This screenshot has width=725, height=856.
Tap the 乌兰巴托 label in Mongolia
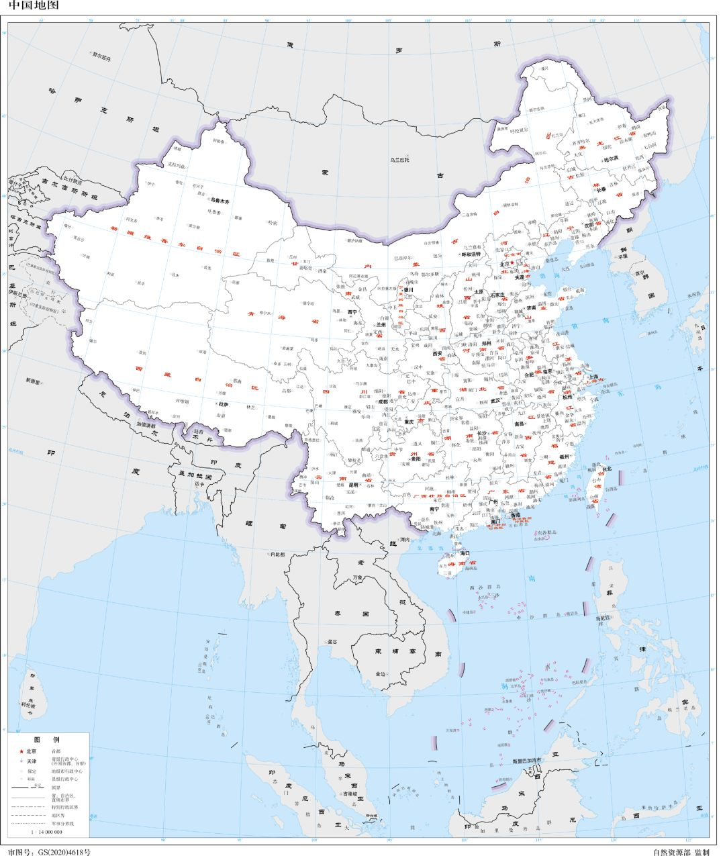[400, 160]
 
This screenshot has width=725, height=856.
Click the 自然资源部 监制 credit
[680, 851]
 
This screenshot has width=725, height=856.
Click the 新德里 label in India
[34, 380]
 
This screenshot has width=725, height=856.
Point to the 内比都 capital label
[277, 554]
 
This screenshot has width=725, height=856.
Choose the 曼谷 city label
[332, 642]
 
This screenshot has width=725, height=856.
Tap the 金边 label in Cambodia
[381, 673]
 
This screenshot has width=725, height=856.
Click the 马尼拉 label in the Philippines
[603, 616]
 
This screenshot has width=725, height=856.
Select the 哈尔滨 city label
[610, 159]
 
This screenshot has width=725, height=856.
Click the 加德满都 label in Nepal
[146, 424]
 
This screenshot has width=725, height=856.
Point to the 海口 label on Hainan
[465, 552]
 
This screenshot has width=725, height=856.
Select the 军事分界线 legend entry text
[62, 822]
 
